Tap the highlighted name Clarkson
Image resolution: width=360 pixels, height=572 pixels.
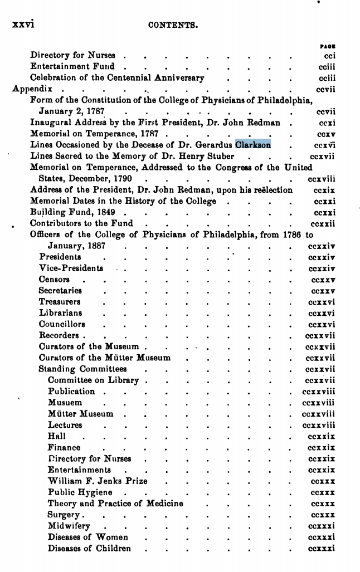pyautogui.click(x=253, y=145)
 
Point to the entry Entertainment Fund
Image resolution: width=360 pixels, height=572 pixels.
pyautogui.click(x=72, y=66)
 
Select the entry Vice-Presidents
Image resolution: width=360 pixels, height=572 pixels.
pyautogui.click(x=71, y=268)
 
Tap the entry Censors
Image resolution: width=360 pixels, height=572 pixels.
pyautogui.click(x=55, y=279)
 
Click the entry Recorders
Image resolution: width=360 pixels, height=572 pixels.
pyautogui.click(x=59, y=335)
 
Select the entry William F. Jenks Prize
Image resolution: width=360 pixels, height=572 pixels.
pyautogui.click(x=98, y=481)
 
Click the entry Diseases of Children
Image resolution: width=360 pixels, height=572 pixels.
pyautogui.click(x=90, y=548)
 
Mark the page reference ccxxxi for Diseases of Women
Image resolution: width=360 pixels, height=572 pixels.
pyautogui.click(x=322, y=537)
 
